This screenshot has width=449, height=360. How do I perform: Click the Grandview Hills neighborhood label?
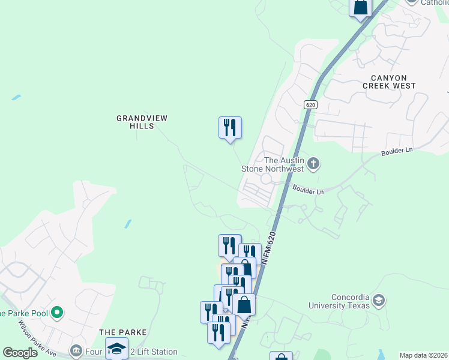click(142, 122)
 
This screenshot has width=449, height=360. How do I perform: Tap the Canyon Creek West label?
click(388, 82)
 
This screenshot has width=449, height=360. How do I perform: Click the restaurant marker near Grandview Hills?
click(229, 128)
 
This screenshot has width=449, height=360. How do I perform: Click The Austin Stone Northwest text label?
click(284, 164)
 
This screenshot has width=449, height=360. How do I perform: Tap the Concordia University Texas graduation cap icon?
click(378, 299)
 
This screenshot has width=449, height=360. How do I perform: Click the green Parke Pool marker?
click(57, 312)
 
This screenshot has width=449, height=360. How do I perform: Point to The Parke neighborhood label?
click(123, 332)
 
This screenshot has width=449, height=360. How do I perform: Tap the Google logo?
click(20, 353)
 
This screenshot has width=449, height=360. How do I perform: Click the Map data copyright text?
click(423, 355)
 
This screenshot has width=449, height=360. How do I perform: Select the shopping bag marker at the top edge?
click(361, 7)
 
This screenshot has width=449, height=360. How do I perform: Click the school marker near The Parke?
click(116, 349)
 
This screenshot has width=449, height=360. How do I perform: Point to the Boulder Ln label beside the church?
click(308, 190)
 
